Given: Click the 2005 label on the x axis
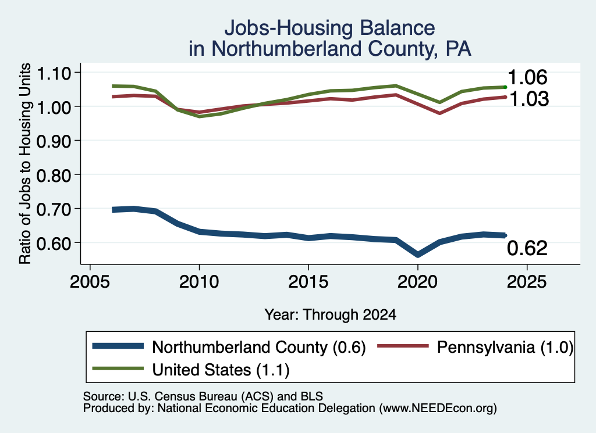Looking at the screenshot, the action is (x=90, y=282).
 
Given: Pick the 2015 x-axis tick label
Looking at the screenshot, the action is (x=308, y=282).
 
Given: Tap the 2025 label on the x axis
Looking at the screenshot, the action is (x=527, y=282).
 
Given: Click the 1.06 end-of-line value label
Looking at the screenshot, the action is (x=527, y=77).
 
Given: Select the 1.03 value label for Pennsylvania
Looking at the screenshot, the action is (x=528, y=99).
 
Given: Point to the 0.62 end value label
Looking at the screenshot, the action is (x=527, y=248).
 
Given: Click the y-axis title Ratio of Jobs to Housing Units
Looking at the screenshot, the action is (x=25, y=163).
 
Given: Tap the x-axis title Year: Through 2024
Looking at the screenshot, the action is (x=331, y=314).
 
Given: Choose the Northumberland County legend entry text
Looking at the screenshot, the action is (x=259, y=347).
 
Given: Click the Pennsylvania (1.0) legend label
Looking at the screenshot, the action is (x=505, y=347).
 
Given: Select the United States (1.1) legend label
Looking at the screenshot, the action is (x=221, y=370).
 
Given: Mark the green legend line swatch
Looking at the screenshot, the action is (x=118, y=368).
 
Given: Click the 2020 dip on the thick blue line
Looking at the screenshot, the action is (x=418, y=254).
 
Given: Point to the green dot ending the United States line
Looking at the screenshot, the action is (x=505, y=87).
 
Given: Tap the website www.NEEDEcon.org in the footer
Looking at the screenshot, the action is (x=438, y=409).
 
